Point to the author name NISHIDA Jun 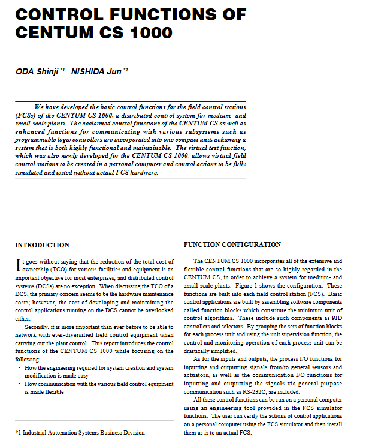tap(96, 72)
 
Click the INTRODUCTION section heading tap(42, 245)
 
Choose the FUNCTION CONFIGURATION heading tap(232, 244)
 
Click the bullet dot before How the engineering tap(19, 367)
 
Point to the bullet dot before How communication tap(19, 382)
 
